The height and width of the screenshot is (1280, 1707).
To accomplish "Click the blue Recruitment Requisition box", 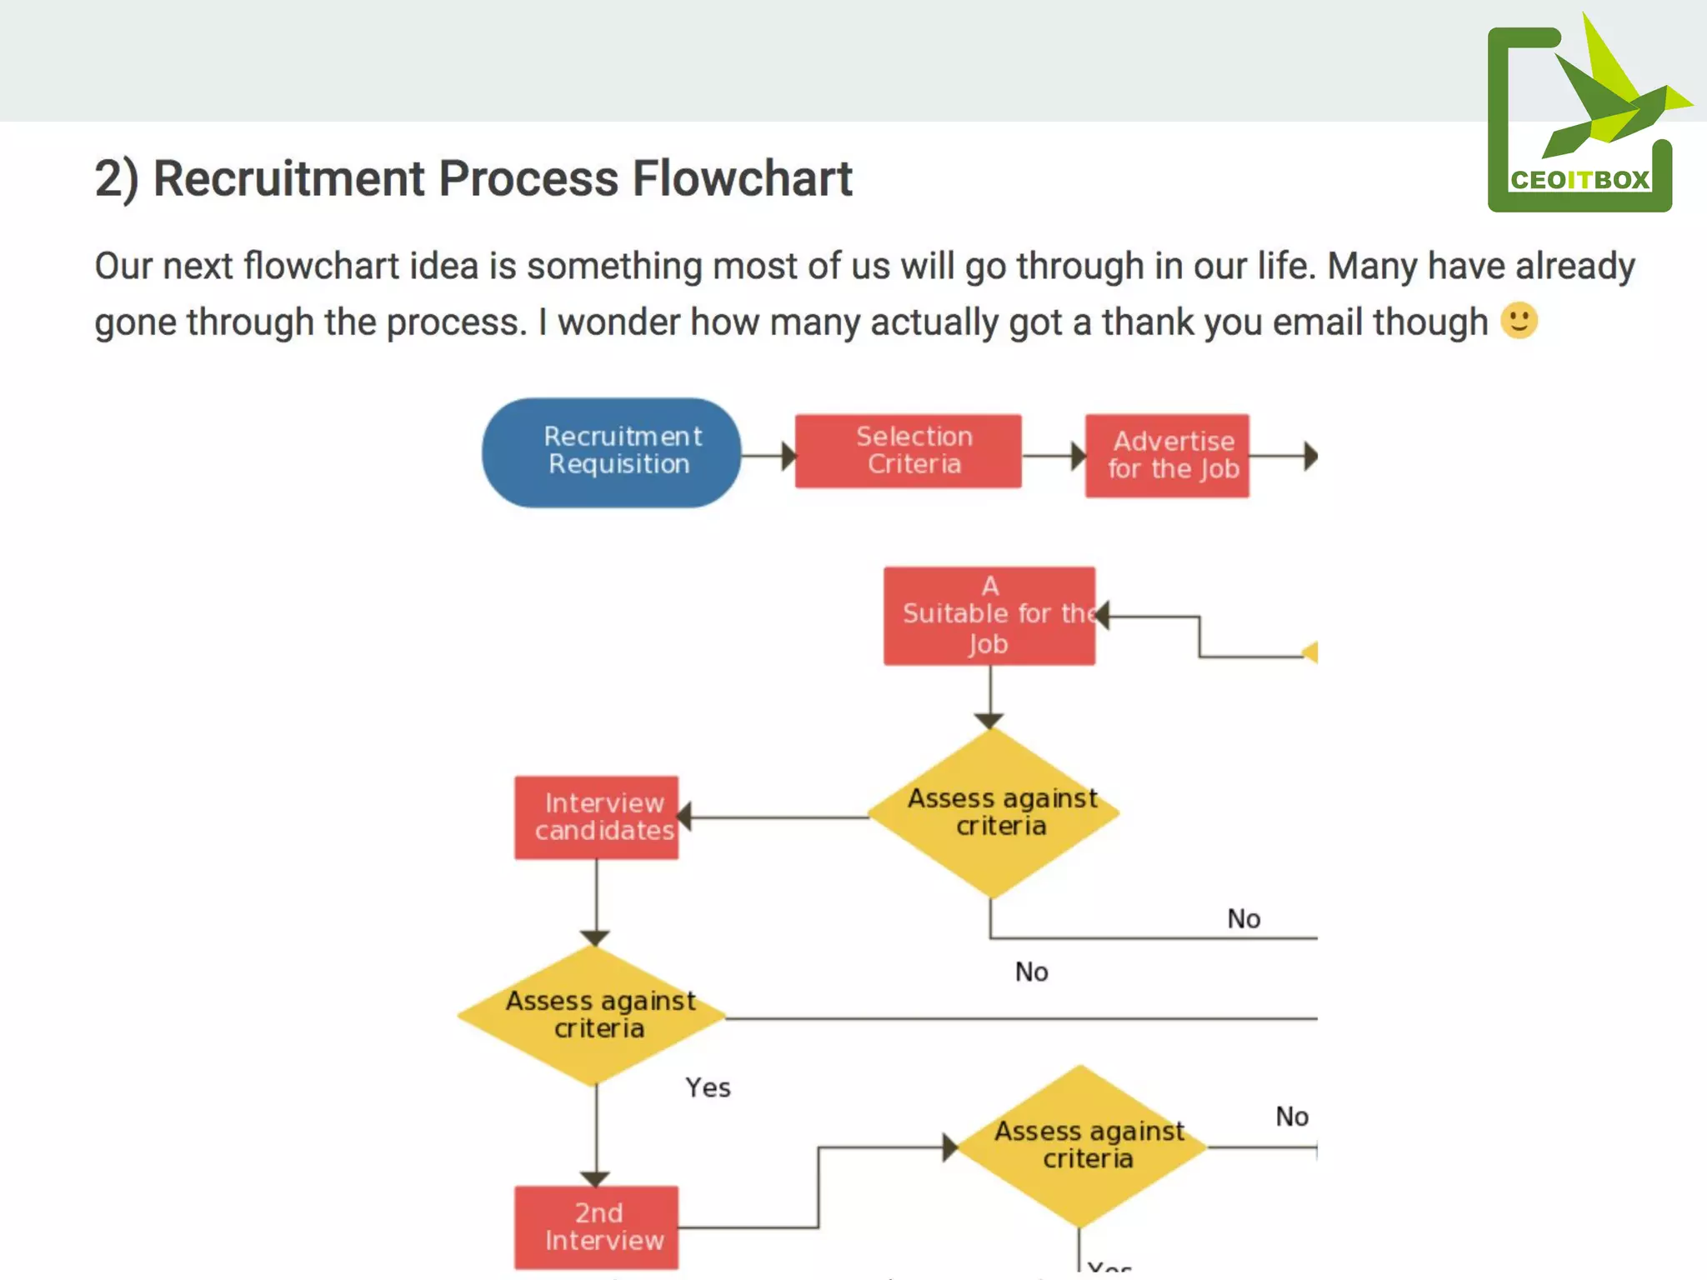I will tap(611, 452).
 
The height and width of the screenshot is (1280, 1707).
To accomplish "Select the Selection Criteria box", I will tap(908, 451).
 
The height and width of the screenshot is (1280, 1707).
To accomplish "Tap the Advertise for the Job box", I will tap(1167, 455).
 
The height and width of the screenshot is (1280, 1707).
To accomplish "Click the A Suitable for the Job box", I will tap(989, 616).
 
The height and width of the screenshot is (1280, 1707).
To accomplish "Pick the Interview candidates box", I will tap(596, 817).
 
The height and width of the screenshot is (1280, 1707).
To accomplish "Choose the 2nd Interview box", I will tap(596, 1227).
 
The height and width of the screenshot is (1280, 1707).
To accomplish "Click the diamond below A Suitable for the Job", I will tap(992, 812).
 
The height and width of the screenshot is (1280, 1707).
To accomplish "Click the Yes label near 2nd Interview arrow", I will tap(708, 1087).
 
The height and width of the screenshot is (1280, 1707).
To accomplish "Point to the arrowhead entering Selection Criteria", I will tap(788, 456).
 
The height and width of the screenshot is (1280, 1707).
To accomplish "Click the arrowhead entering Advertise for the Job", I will tap(1079, 456).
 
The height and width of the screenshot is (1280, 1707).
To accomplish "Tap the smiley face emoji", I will tap(1519, 321).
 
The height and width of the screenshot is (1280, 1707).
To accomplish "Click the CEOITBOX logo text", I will tap(1579, 180).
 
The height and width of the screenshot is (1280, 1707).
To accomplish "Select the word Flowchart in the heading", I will tap(742, 178).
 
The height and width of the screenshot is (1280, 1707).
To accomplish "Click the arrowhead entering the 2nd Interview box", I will tap(595, 1178).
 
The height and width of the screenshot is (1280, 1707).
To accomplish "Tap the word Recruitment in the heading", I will tap(289, 178).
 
